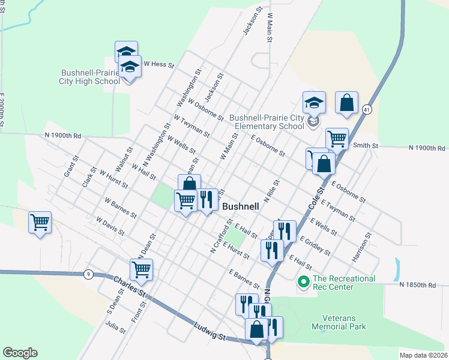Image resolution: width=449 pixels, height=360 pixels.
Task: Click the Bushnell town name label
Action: pyautogui.click(x=241, y=206)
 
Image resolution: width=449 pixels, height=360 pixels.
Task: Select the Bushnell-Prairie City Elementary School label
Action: pyautogui.click(x=268, y=122)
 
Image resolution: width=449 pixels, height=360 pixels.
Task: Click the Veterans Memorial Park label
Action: pyautogui.click(x=339, y=322)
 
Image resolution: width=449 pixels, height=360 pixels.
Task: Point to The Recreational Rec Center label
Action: pyautogui.click(x=344, y=282)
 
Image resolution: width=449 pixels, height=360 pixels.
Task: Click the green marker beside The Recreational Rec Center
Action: pyautogui.click(x=303, y=280)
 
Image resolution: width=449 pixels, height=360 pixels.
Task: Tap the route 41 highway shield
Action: pyautogui.click(x=366, y=109)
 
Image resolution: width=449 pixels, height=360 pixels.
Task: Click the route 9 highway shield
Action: pyautogui.click(x=88, y=274)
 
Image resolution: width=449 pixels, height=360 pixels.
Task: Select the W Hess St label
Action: pyautogui.click(x=158, y=64)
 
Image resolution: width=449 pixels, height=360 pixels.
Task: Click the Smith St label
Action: pyautogui.click(x=366, y=145)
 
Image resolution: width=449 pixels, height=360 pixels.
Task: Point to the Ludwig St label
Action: pyautogui.click(x=209, y=331)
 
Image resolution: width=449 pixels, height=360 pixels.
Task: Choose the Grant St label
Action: pyautogui.click(x=71, y=167)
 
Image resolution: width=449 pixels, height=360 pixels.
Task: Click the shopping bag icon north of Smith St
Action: pyautogui.click(x=347, y=103)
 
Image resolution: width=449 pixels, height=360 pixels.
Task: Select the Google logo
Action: pyautogui.click(x=20, y=353)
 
